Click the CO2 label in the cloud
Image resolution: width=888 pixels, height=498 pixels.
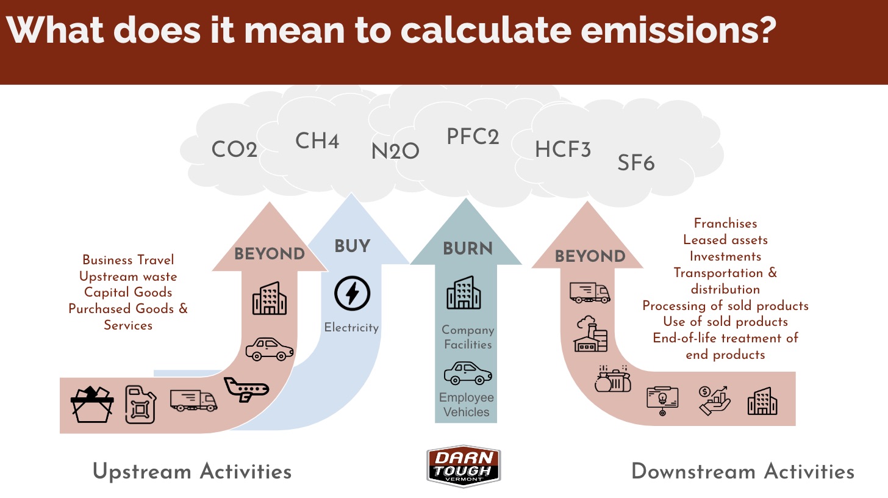(x=234, y=149)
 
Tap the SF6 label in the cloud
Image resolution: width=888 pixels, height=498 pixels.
(x=636, y=163)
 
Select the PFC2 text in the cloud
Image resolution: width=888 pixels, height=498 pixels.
(x=473, y=137)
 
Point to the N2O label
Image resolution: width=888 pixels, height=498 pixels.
(x=395, y=151)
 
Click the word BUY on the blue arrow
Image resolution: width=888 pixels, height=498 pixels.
(x=353, y=246)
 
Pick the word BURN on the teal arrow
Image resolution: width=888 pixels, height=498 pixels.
(x=468, y=249)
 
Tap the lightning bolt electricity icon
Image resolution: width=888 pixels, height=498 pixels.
(x=352, y=293)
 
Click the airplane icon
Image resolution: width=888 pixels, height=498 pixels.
(x=246, y=389)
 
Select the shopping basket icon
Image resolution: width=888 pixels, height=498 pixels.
(x=92, y=405)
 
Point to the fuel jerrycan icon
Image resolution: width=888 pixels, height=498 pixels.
(x=141, y=405)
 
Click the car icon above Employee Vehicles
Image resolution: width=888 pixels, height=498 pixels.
(x=468, y=373)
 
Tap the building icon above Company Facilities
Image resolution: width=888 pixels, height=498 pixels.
(x=464, y=292)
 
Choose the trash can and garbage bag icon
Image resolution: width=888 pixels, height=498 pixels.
(x=612, y=379)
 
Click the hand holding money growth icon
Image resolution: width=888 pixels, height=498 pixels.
(x=714, y=401)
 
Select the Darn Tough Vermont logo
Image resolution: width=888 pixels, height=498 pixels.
(x=464, y=466)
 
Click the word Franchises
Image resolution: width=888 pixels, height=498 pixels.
(x=726, y=223)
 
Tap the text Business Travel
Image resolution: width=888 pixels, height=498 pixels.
(x=128, y=260)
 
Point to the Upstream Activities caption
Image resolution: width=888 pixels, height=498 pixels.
(x=192, y=472)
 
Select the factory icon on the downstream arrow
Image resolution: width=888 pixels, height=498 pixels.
(x=590, y=334)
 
